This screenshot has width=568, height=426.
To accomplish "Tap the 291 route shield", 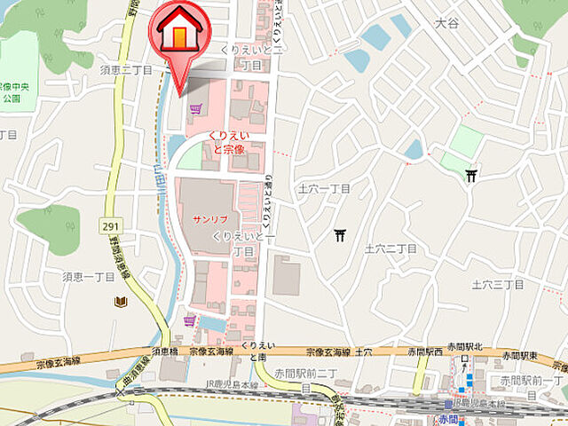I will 111,227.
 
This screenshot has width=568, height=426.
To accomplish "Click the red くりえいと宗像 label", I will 228,143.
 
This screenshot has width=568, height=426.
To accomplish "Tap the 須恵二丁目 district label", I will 128,69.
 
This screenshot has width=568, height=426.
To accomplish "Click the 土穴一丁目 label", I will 324,189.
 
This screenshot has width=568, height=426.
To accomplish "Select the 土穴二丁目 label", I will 390,248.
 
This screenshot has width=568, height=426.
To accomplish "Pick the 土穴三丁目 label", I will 497,284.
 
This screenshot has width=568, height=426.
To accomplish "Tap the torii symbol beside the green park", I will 471,176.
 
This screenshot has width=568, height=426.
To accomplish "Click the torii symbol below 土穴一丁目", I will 340,235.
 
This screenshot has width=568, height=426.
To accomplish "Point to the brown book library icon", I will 120,303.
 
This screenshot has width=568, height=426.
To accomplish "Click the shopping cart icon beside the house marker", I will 195,108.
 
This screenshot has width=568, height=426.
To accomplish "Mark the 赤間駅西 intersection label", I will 425,352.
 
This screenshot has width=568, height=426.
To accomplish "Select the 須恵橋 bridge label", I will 165,352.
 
